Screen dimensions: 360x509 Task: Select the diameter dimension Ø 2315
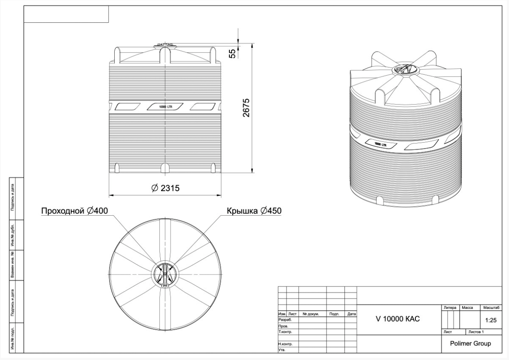(165, 189)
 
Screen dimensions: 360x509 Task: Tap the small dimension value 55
(232, 53)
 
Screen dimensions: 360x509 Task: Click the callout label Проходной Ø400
(74, 211)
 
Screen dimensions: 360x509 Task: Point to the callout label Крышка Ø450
(254, 211)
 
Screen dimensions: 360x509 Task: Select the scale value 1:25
(491, 320)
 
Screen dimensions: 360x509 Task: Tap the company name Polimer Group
(470, 344)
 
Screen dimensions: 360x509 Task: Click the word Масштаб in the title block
(492, 308)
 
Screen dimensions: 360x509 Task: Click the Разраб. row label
(285, 320)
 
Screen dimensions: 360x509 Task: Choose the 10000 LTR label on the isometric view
(381, 145)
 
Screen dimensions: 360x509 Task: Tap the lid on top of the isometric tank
(404, 69)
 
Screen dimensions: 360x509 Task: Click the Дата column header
(351, 314)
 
